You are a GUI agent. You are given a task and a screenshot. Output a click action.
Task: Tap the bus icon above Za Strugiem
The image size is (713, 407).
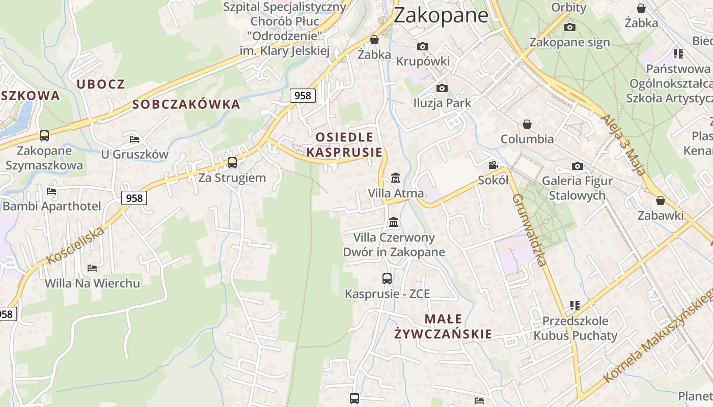[x=232, y=163]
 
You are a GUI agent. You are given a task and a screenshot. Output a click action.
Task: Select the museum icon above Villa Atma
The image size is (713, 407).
[x=395, y=178]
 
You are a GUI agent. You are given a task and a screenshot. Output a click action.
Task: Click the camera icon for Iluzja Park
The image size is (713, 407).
[x=442, y=88]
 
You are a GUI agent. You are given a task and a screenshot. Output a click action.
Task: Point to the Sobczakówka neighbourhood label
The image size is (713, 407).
[x=186, y=104]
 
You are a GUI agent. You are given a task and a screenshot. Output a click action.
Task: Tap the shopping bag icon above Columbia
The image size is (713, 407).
[x=527, y=124]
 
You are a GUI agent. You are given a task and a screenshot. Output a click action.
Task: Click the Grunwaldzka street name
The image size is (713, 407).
[x=529, y=229]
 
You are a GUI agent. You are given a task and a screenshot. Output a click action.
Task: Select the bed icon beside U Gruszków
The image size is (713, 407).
[x=134, y=139]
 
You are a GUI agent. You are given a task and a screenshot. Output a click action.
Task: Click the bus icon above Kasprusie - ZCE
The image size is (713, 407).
[x=387, y=279]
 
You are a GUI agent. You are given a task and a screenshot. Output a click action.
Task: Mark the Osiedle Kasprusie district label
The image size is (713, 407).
[x=344, y=144]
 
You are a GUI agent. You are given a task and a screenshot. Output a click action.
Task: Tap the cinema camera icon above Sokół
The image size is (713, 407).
[x=493, y=165]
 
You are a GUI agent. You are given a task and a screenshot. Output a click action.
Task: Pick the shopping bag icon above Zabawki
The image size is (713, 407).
[x=661, y=200]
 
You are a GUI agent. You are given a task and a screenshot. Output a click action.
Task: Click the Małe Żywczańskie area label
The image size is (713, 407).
[x=443, y=327]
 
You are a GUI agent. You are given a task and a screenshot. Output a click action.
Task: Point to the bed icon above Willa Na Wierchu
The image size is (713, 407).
[x=92, y=268]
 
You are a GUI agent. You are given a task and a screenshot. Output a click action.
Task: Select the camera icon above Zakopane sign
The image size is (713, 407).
[x=570, y=27]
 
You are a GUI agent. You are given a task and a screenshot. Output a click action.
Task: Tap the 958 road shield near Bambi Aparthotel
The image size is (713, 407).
[x=134, y=198]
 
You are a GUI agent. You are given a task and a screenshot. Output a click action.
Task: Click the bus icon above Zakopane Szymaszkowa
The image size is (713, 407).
[x=44, y=136]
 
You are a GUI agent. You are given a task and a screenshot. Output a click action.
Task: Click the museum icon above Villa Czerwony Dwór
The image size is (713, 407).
[x=394, y=222]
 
